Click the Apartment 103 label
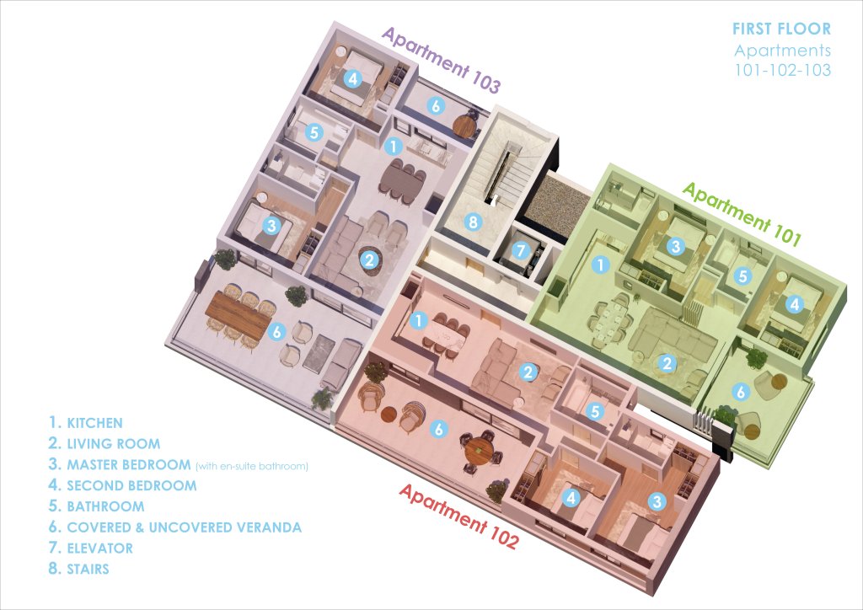tap(441, 60)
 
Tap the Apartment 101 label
tap(742, 214)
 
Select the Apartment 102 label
tap(458, 516)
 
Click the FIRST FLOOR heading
tap(781, 29)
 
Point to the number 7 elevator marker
tap(520, 251)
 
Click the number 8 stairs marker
tap(472, 222)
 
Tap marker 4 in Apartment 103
tap(353, 78)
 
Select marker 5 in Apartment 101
tap(743, 276)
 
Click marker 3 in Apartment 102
tap(657, 501)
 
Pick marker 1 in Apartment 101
tap(600, 265)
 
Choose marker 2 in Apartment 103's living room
tap(370, 259)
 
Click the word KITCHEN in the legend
tap(94, 423)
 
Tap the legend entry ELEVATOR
tap(99, 548)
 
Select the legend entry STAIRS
tap(88, 569)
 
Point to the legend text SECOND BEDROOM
tap(131, 485)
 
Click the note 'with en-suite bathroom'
tap(252, 467)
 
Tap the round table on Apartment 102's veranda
tap(479, 449)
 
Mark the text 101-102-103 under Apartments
tap(783, 70)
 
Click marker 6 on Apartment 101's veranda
tap(740, 392)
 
